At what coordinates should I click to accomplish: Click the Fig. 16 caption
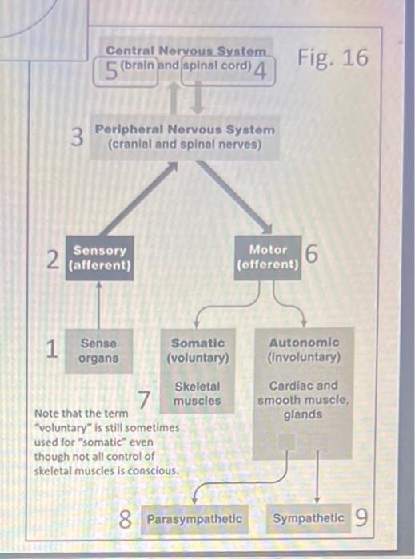pos(333,57)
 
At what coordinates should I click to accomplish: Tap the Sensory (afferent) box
pos(100,258)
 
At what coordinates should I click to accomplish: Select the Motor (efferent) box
pos(268,257)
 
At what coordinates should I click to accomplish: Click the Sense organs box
pos(99,351)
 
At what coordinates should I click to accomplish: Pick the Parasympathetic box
pos(194,519)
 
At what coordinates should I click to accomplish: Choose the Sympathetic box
pos(309,518)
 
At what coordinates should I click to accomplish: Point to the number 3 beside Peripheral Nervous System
pos(77,137)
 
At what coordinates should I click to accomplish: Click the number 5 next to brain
pos(111,70)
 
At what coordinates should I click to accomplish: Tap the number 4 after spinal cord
pos(260,70)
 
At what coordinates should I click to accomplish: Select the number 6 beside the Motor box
pos(312,253)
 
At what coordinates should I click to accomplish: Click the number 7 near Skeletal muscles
pos(143,399)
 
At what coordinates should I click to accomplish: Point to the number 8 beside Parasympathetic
pos(125,519)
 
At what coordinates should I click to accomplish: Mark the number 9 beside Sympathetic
pos(361,517)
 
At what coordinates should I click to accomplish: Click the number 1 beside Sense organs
pos(52,348)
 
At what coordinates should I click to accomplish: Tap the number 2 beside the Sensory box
pos(53,260)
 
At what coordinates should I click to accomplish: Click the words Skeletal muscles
pos(198,394)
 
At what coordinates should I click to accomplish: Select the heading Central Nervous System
pos(186,50)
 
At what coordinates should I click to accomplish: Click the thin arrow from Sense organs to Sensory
pos(99,305)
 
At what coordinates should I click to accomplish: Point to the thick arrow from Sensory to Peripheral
pos(138,199)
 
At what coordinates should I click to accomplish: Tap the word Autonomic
pos(304,343)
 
